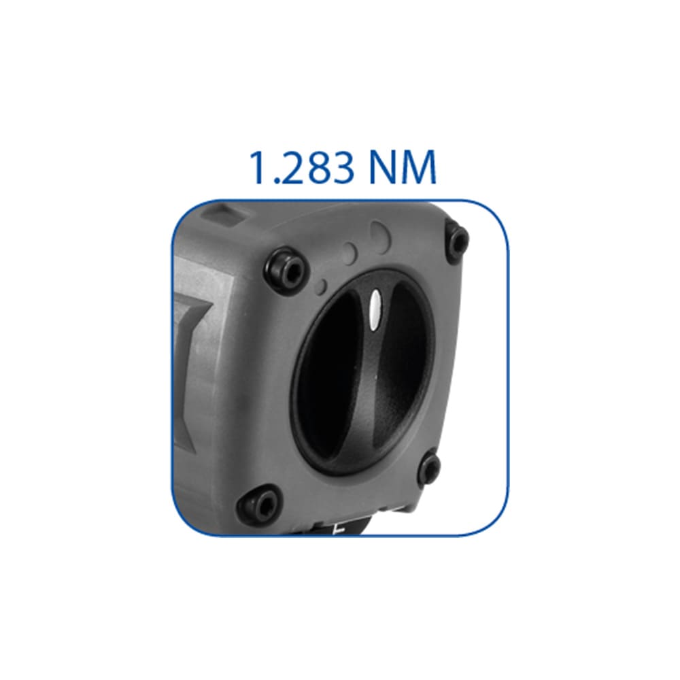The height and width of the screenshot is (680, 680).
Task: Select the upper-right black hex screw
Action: click(x=457, y=239)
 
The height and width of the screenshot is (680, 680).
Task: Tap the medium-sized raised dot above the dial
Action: click(x=350, y=253)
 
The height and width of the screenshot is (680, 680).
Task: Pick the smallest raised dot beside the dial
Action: click(x=322, y=286)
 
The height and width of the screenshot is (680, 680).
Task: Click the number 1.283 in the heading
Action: click(x=303, y=167)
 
